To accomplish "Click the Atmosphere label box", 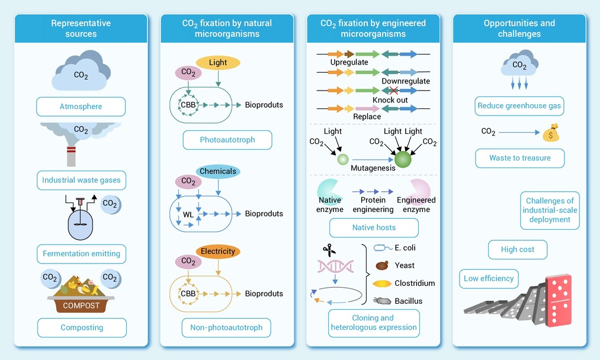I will (81, 107).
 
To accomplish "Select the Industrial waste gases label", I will (81, 180).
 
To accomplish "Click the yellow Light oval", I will (217, 62).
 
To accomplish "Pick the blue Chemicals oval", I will (217, 171).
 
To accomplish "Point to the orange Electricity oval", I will (217, 251).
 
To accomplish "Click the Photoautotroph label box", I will (227, 140).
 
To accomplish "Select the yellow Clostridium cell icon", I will (382, 284).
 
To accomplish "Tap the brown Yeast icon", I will (383, 266).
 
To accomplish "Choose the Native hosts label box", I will (374, 227).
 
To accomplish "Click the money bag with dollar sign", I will (551, 133).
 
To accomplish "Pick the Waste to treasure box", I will (519, 158).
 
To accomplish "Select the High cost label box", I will (517, 249).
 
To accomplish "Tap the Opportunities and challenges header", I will (519, 28).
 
